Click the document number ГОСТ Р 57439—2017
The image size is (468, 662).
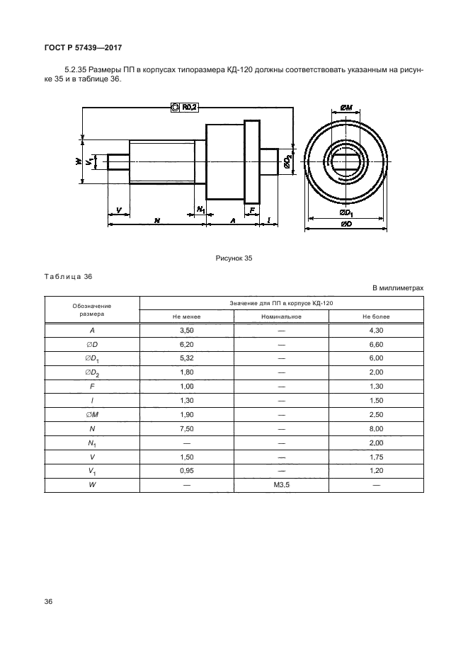point(83,47)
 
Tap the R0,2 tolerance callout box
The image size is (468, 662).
point(185,107)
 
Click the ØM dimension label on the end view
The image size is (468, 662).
point(346,108)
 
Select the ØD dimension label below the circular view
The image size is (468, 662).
point(346,224)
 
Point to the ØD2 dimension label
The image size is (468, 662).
point(287,161)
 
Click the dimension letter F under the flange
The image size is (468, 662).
point(252,210)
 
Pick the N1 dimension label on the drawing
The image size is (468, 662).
point(201,210)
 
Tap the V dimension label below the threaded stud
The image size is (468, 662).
point(118,210)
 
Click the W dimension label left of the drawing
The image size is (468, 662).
point(78,161)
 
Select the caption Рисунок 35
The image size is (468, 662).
point(234,258)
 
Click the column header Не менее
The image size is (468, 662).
point(186,316)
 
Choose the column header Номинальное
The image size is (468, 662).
point(282,316)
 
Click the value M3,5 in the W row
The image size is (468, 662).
point(282,485)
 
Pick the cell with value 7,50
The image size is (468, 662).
point(186,429)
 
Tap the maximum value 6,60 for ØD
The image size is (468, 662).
point(376,345)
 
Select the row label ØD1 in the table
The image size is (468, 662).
point(92,359)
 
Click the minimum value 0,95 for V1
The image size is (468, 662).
point(186,471)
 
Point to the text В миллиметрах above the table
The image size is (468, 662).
point(398,288)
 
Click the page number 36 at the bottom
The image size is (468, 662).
point(48,601)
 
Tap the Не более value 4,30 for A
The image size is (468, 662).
point(376,331)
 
